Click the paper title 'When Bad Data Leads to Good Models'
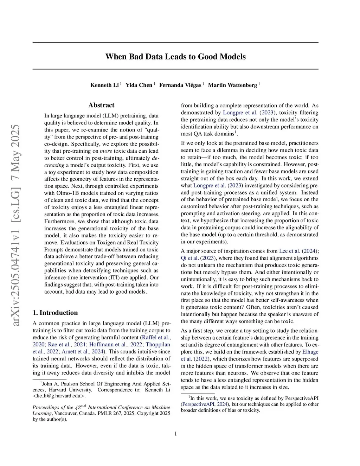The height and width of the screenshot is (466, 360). [x=175, y=57]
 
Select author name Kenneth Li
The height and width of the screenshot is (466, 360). [x=104, y=85]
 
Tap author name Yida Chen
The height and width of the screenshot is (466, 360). [x=139, y=85]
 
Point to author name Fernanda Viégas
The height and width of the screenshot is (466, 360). [x=180, y=85]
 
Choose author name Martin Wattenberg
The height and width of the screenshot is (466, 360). [x=232, y=85]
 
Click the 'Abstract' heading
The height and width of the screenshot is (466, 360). [x=101, y=105]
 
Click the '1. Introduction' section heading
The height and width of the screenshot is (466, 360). [x=55, y=313]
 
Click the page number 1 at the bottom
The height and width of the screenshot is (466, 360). [x=175, y=434]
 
